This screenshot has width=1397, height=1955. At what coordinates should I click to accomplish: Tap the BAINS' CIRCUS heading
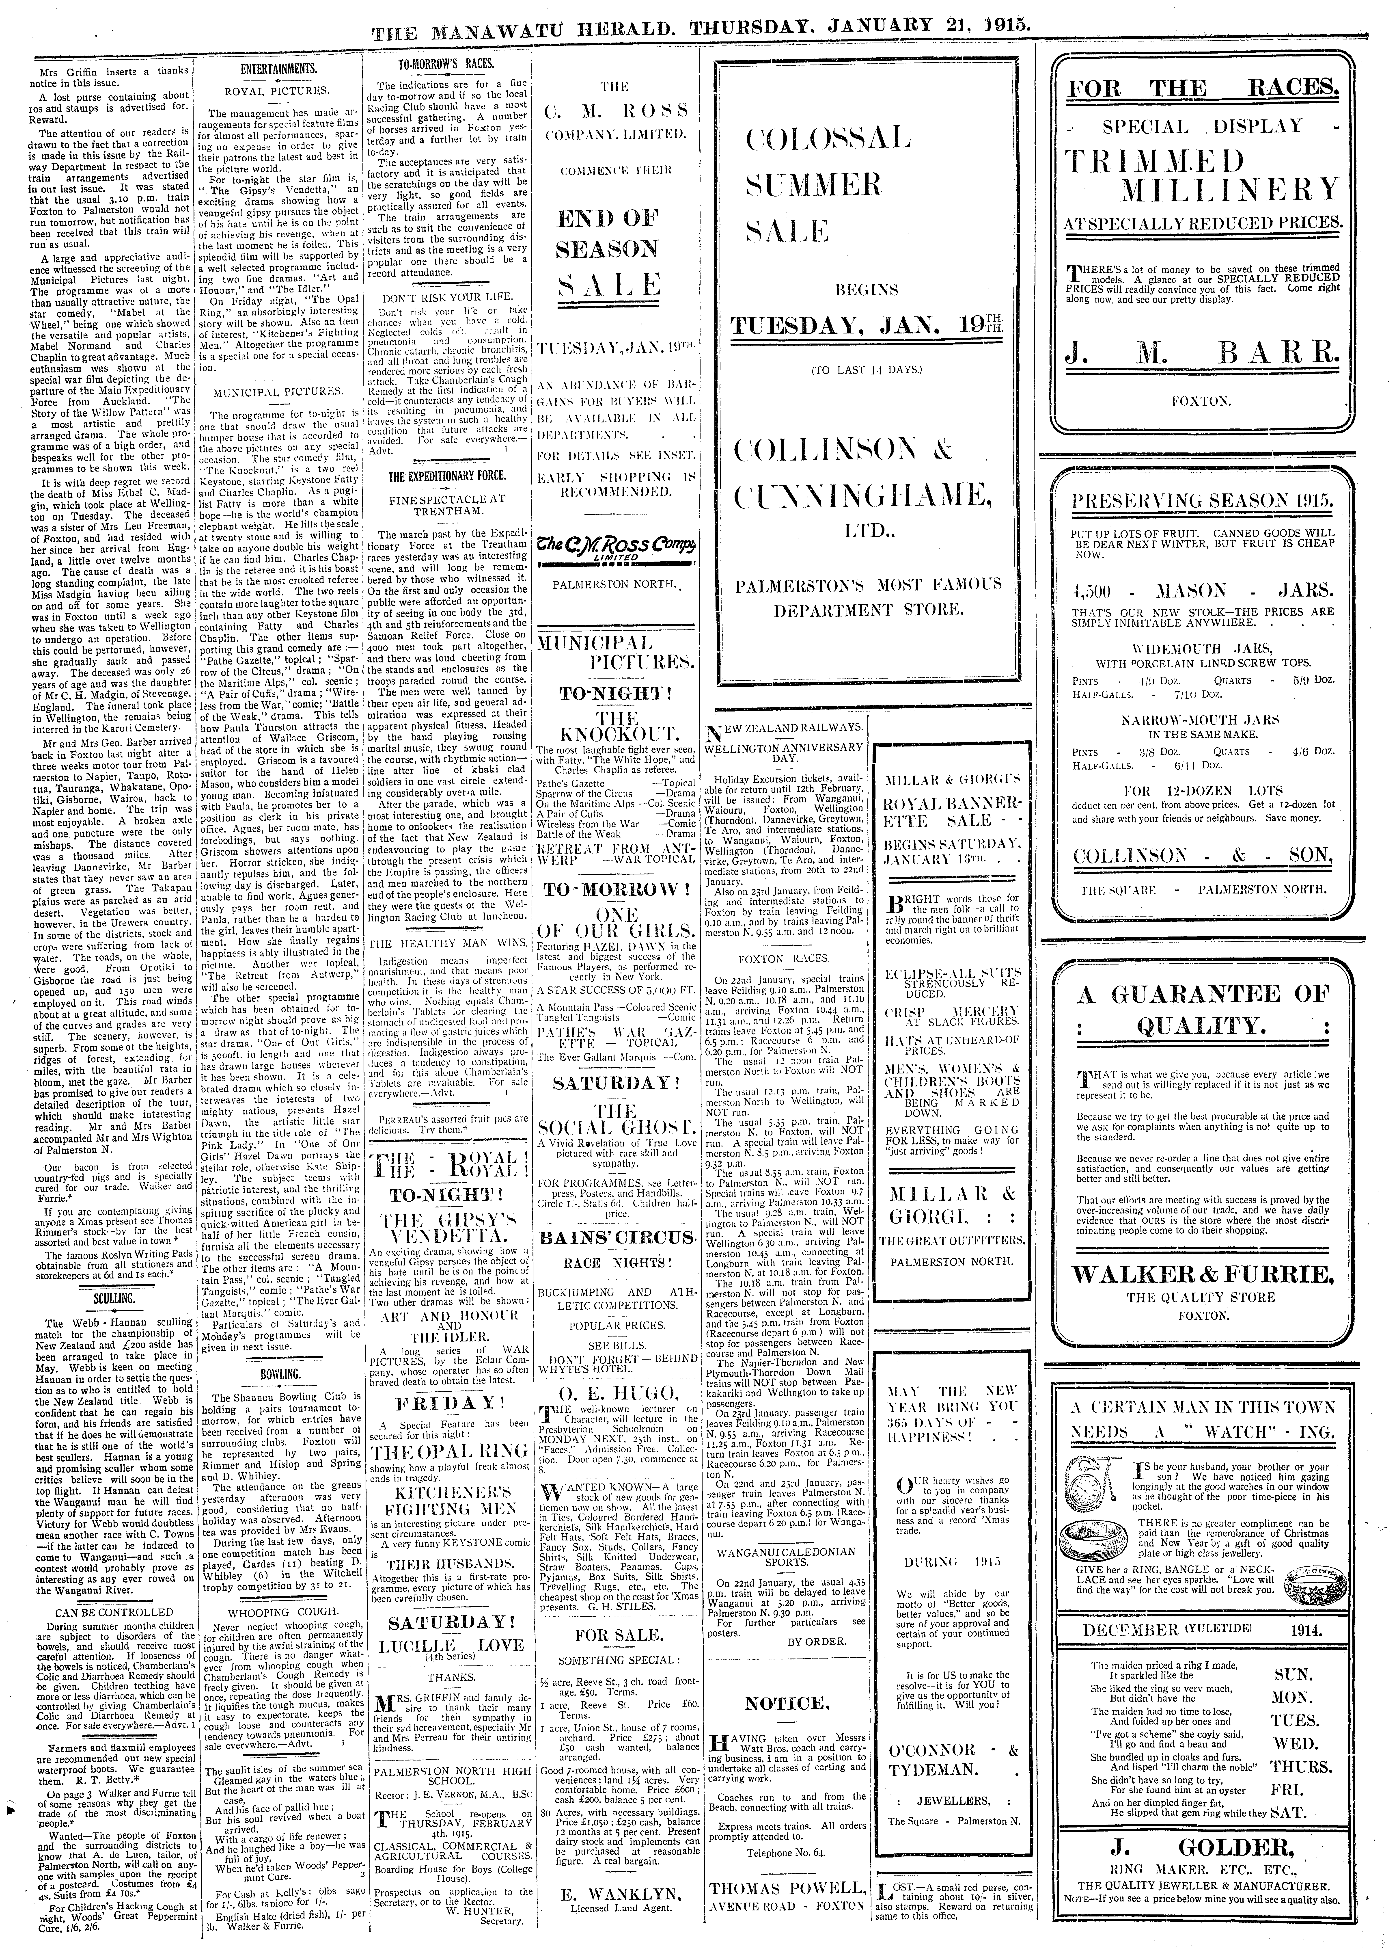point(616,1237)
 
